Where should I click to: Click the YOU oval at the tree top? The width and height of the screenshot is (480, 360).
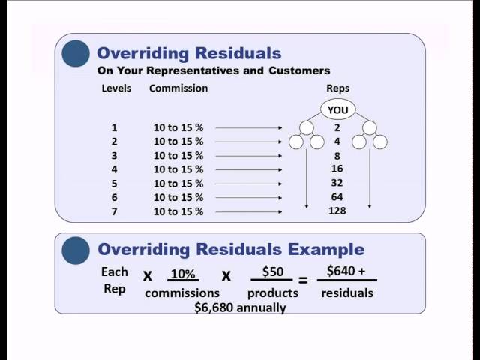pos(338,109)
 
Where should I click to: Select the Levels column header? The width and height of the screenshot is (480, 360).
pos(116,88)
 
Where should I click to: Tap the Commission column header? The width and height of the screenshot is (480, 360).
pos(178,88)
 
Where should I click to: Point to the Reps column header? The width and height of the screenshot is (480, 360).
pos(338,88)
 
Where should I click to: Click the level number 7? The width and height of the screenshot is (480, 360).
pos(114,211)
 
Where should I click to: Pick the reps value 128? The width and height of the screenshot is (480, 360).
pos(337,211)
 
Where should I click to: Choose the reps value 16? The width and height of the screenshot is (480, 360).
pos(337,169)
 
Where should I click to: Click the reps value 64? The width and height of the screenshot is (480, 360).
pos(337,196)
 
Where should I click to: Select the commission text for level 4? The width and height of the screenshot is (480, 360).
pos(178,169)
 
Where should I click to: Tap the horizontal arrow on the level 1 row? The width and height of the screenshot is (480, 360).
pos(248,128)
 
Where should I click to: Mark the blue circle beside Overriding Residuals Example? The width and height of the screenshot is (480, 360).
pos(76,250)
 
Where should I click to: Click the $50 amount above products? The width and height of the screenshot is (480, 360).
pos(273,271)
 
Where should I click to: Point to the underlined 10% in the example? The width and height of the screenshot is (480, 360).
pos(183,274)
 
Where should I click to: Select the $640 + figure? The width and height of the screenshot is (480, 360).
pos(346,271)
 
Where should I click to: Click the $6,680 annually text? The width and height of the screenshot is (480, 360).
pos(240,307)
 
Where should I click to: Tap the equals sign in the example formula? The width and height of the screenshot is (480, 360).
pos(303,280)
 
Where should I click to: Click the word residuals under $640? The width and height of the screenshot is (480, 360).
pos(347,293)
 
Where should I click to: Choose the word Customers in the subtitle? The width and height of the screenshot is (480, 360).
pos(299,70)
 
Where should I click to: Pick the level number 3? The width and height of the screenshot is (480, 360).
pos(114,156)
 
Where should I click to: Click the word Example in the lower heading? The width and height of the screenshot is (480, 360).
pos(326,250)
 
